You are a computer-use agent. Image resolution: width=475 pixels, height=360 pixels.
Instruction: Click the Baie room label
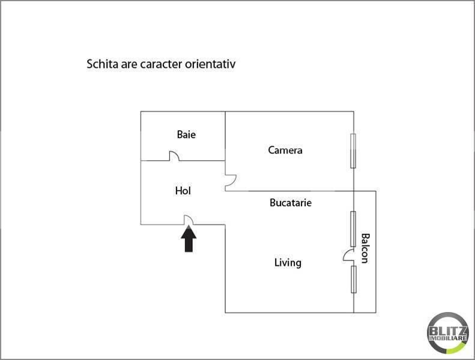pyautogui.click(x=186, y=134)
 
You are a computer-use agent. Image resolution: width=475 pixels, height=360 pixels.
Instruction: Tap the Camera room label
pyautogui.click(x=285, y=150)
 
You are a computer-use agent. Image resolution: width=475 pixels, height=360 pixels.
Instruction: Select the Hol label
pyautogui.click(x=183, y=191)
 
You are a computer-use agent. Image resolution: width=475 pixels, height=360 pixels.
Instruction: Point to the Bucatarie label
pyautogui.click(x=291, y=203)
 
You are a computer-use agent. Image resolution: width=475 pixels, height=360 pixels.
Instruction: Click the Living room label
pyautogui.click(x=288, y=263)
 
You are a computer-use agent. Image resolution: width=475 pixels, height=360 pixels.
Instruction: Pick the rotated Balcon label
pyautogui.click(x=365, y=248)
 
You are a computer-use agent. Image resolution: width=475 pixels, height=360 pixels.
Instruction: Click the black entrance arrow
pyautogui.click(x=189, y=239)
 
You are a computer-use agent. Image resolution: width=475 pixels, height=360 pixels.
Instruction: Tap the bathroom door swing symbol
pyautogui.click(x=174, y=155)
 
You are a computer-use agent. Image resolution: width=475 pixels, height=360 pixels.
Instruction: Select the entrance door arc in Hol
pyautogui.click(x=189, y=220)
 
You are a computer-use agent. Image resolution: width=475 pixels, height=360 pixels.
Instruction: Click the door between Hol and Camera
pyautogui.click(x=231, y=183)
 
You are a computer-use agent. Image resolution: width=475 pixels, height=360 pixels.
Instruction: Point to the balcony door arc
pyautogui.click(x=348, y=255)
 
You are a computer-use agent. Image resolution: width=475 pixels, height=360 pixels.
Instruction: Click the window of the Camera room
pyautogui.click(x=353, y=151)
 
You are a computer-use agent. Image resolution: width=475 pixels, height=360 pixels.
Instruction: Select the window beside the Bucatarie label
pyautogui.click(x=353, y=229)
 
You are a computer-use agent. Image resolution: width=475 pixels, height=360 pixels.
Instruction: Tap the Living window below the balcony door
pyautogui.click(x=354, y=280)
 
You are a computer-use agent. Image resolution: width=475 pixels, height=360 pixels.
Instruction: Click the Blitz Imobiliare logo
pyautogui.click(x=448, y=333)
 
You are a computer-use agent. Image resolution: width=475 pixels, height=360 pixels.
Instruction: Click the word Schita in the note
pyautogui.click(x=103, y=64)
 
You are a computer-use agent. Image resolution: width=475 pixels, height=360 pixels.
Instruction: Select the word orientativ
pyautogui.click(x=210, y=64)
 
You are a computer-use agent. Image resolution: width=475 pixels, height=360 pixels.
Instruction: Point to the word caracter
pyautogui.click(x=161, y=64)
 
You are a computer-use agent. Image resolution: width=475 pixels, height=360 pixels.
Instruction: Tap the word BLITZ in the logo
pyautogui.click(x=448, y=331)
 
